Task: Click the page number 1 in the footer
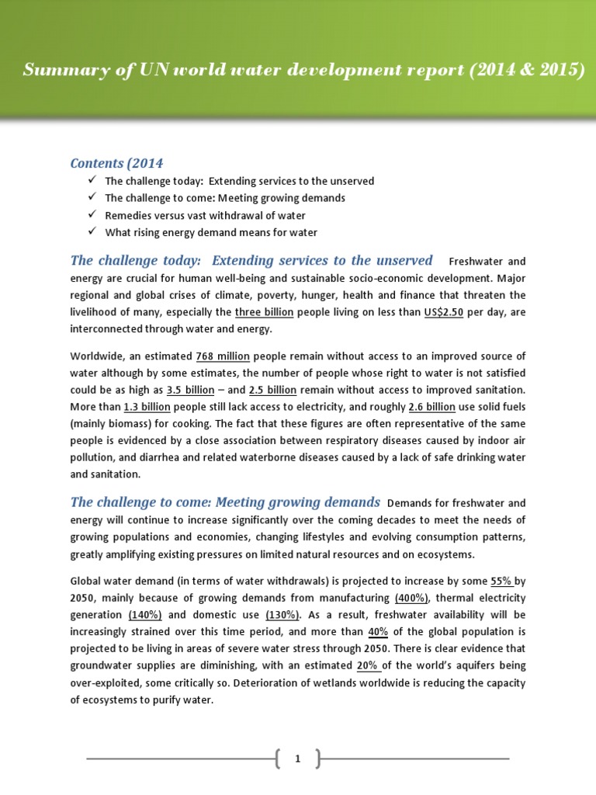297,759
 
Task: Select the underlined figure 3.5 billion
191,390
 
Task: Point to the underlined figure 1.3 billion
147,407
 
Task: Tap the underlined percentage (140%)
145,615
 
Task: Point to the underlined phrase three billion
264,312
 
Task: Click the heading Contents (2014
116,163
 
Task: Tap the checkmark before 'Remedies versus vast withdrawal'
92,215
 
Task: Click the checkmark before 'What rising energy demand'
92,232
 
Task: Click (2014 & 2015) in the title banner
525,71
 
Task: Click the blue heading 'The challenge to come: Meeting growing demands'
225,502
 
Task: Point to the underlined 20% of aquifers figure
369,666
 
